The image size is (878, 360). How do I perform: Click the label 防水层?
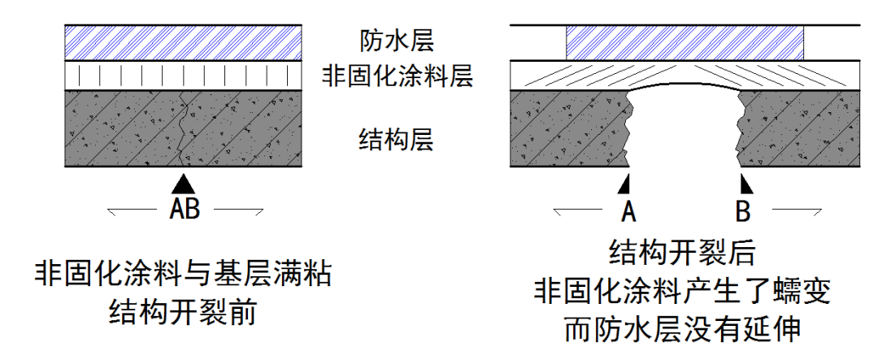398,39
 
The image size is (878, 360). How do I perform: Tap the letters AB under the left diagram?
185,210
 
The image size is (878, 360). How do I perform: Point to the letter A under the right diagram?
627,211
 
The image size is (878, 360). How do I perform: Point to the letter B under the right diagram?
742,211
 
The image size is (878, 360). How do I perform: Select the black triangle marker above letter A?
625,181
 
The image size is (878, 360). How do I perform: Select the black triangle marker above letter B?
742,181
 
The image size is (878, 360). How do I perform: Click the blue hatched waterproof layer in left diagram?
185,41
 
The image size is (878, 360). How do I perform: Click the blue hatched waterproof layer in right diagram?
685,41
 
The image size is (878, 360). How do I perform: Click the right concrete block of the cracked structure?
801,130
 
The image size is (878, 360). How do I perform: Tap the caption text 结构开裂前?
183,312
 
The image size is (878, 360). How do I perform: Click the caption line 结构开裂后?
683,253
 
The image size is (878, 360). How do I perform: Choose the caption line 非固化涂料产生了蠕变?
683,290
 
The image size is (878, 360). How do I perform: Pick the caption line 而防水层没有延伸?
683,328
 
